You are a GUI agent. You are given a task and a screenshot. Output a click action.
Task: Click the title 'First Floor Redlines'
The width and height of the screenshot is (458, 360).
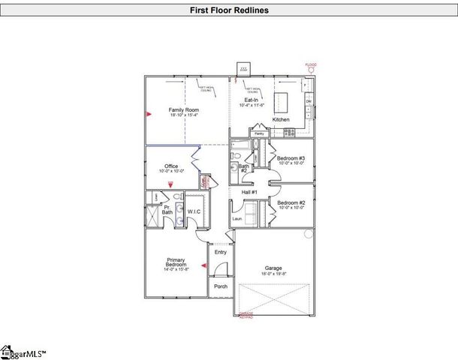click(228, 10)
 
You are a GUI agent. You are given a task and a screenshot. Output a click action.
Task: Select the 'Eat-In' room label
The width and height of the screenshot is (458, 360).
click(252, 99)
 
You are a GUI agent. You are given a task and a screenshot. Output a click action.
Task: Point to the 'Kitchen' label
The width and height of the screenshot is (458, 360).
click(281, 119)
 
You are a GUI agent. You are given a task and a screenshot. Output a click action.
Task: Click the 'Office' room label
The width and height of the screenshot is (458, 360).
click(170, 166)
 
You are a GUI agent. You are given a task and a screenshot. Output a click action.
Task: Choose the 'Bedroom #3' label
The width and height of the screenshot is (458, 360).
click(291, 158)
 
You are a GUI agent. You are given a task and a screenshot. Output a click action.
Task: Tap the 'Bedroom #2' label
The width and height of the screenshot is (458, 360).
click(291, 202)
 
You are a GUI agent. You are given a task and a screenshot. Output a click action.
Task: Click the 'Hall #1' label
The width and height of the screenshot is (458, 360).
click(250, 193)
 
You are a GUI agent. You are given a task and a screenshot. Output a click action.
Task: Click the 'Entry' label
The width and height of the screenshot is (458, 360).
click(220, 252)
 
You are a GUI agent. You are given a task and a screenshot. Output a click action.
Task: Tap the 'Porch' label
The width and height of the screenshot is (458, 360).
click(220, 286)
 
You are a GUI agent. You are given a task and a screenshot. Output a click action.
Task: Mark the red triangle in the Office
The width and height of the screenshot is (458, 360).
click(171, 183)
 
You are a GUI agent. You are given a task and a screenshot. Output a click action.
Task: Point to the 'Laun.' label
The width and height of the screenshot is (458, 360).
click(237, 218)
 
